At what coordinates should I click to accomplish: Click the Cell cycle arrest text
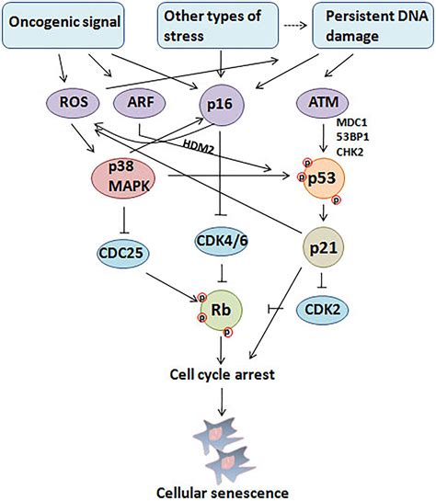pos(220,375)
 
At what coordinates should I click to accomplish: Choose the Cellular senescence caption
pos(218,489)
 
